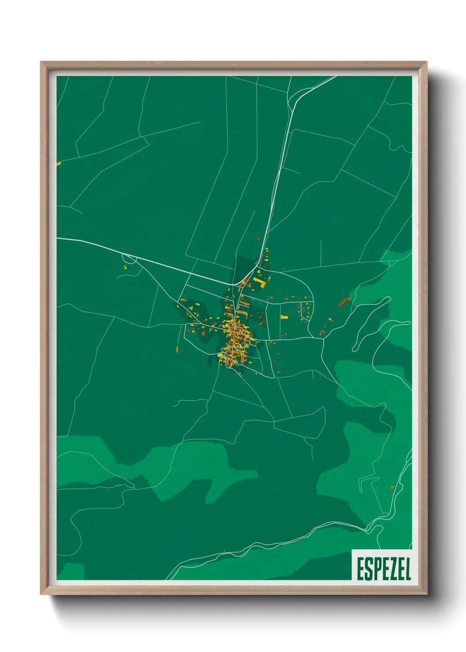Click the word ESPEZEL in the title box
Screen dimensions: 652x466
384,569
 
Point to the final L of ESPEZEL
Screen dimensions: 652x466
408,569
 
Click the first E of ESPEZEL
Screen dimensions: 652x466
359,569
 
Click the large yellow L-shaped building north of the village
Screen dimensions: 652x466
260,282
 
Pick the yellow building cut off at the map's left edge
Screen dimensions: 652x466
59,164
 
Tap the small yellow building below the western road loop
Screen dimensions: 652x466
125,267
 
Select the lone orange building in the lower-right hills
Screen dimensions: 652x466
392,488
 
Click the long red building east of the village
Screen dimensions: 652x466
343,302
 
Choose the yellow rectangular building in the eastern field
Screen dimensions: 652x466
284,317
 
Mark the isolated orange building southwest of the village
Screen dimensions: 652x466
178,349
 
